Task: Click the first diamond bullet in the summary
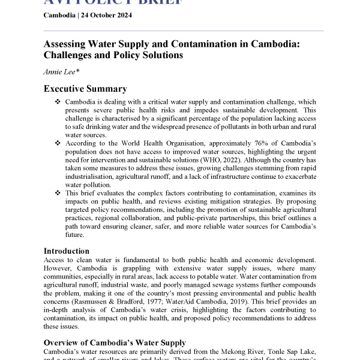[x=58, y=103]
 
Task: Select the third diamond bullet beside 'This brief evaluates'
[x=58, y=193]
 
